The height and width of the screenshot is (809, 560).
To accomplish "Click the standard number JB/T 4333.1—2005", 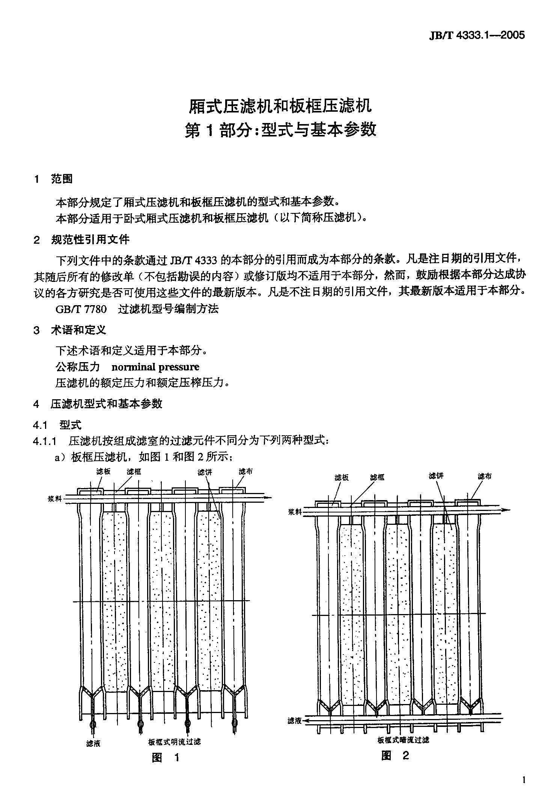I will [476, 35].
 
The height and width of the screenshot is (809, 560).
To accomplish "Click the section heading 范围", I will [62, 179].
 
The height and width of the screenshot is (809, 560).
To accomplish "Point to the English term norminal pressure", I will [155, 367].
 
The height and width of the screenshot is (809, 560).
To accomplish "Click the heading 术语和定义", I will [78, 330].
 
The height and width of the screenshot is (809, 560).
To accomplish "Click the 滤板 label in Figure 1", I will [103, 472].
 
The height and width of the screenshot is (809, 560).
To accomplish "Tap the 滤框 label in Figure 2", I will [377, 477].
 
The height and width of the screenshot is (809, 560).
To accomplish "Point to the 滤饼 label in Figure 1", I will [205, 472].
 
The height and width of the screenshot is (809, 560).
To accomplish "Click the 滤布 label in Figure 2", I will [484, 476].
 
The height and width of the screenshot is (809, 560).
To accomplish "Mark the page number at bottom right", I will [523, 781].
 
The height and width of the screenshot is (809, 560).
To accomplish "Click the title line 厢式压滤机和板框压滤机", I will [280, 106].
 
